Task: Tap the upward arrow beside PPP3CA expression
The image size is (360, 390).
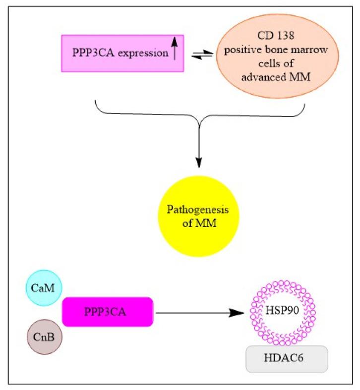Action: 174,51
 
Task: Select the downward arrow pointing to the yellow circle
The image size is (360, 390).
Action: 199,149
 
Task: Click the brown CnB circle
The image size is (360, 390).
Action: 44,337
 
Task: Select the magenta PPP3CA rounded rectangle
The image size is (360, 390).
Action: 107,312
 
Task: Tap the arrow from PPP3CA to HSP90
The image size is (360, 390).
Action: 198,313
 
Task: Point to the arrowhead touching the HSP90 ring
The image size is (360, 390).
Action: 240,313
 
